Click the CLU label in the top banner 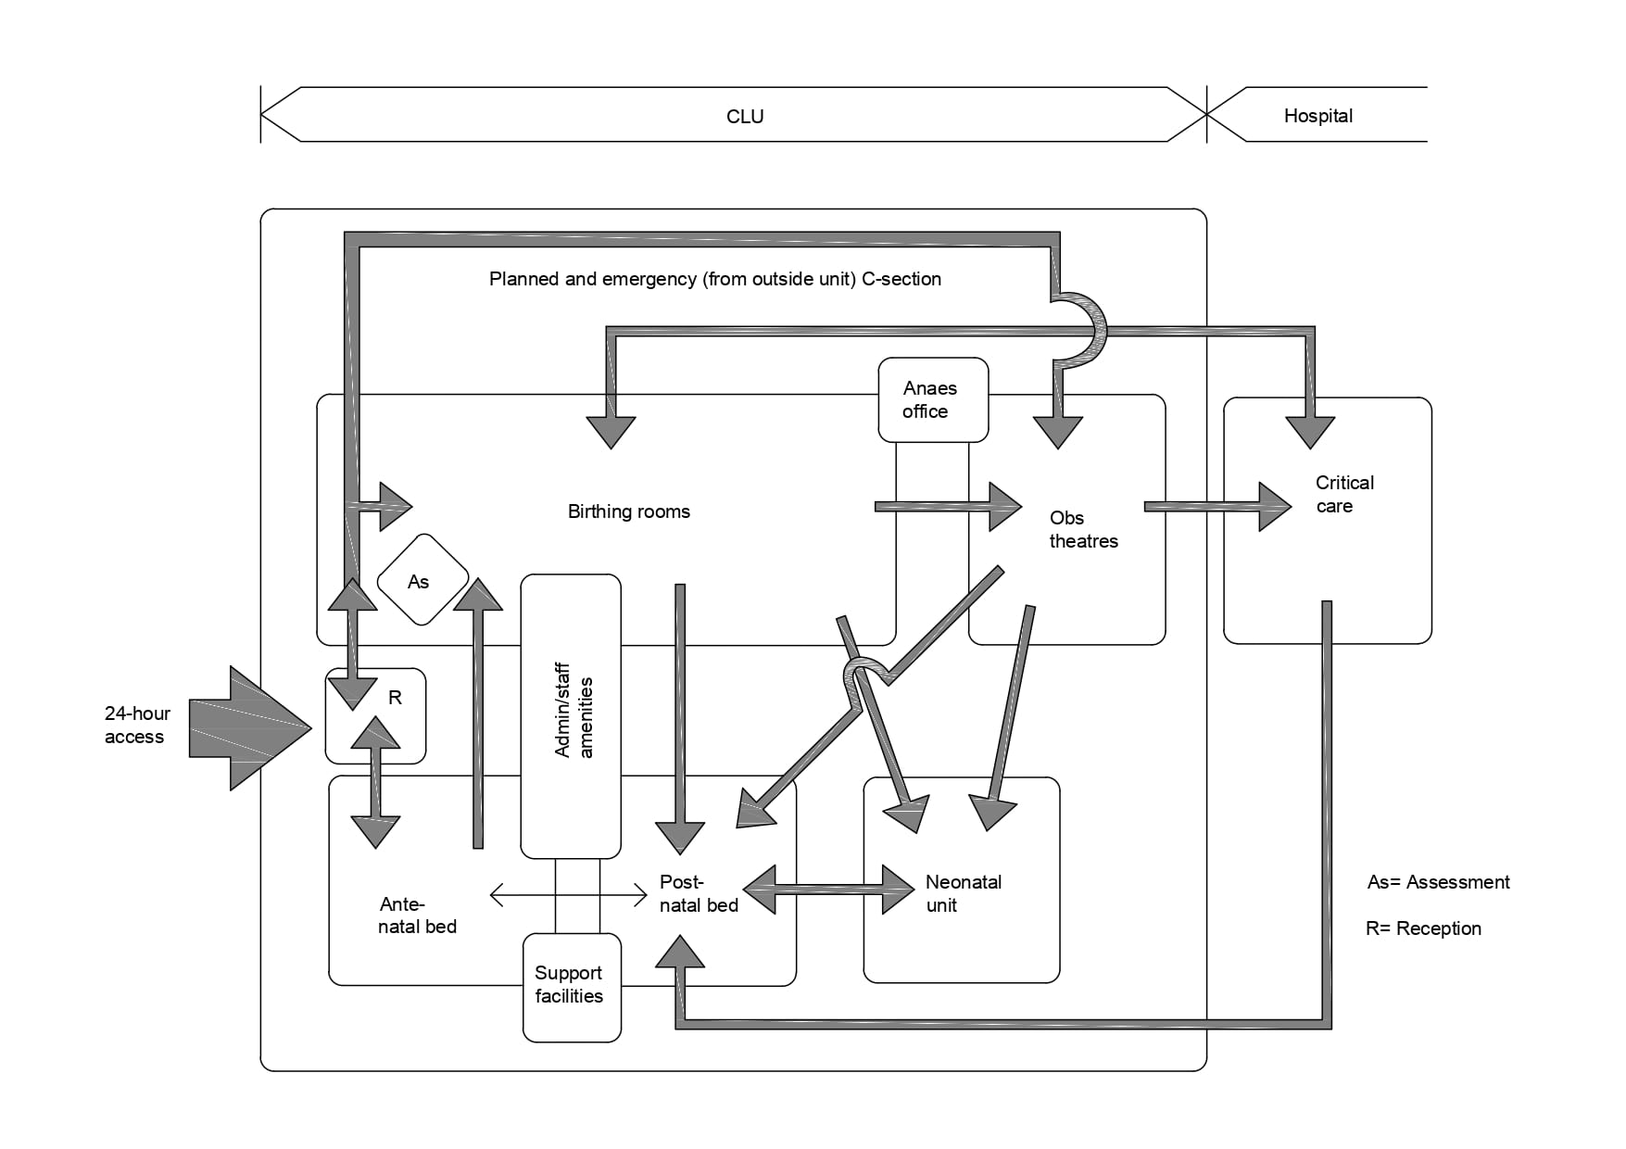click(x=745, y=117)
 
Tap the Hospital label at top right click(x=1317, y=116)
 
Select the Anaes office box click(x=933, y=399)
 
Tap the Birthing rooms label click(x=628, y=511)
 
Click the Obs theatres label click(x=1083, y=529)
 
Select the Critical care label click(x=1343, y=494)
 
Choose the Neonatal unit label click(x=963, y=893)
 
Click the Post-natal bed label click(x=698, y=893)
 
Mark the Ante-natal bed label click(x=417, y=915)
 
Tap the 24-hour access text click(x=137, y=725)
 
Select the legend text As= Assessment click(x=1438, y=882)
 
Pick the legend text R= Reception click(x=1423, y=928)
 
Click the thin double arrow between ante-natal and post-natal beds click(x=568, y=895)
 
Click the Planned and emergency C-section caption click(x=714, y=279)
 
